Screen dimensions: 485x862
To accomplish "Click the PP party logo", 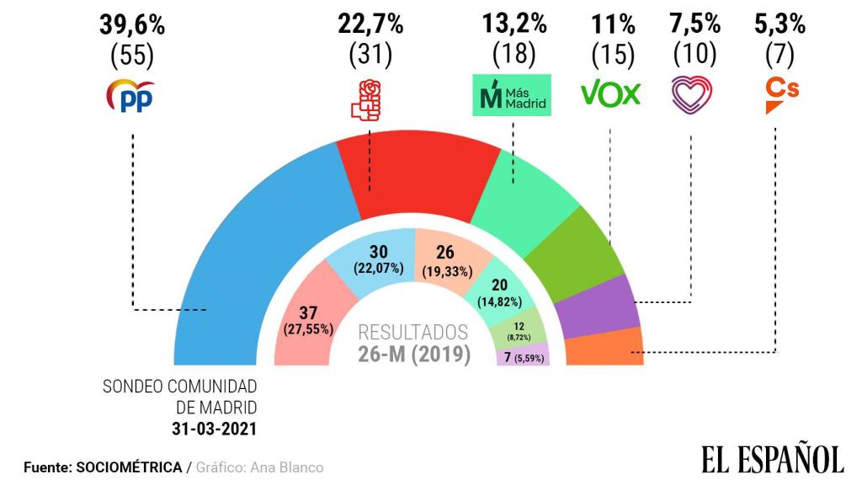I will point(131,97).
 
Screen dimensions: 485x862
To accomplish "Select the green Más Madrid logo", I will point(512,94).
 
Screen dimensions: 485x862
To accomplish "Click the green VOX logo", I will point(611,93).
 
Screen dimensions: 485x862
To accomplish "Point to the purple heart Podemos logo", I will point(693,94).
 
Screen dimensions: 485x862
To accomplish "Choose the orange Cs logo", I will point(781,94).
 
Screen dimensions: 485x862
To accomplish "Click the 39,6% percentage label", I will point(132,25).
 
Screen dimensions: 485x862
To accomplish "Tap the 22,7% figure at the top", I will point(370,25).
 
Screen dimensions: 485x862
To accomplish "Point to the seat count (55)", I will point(132,56).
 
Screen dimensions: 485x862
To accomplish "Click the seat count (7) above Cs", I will point(780,56).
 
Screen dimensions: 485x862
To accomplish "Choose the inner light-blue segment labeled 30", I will point(378,261).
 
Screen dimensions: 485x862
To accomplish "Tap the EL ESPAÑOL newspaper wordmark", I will point(772,460).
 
